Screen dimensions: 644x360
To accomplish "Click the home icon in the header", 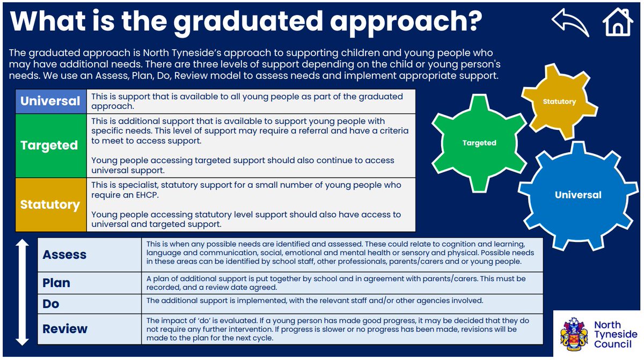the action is (x=618, y=23).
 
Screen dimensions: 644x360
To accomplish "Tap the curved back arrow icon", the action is (x=570, y=23).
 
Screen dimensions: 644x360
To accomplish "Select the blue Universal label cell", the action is (x=50, y=101).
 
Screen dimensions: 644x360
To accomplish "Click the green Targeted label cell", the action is (x=49, y=145).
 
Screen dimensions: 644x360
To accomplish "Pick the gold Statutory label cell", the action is (x=50, y=204).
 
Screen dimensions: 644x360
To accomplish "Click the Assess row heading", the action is (x=64, y=254).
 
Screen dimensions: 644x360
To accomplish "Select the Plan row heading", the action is (x=56, y=282).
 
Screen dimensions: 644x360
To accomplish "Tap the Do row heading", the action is (x=51, y=304).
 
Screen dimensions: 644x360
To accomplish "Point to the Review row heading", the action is (x=64, y=329).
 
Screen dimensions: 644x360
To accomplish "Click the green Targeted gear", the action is (x=479, y=143).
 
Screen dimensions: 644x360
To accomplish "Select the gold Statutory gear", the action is (x=559, y=101).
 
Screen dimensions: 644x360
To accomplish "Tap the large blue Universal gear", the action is (x=578, y=195).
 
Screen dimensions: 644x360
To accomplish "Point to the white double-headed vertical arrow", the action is (x=22, y=292).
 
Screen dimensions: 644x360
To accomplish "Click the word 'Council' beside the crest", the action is (x=612, y=344).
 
